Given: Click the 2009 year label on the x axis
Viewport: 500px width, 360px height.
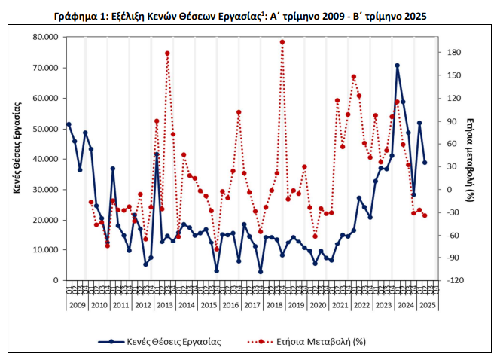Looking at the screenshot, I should click(x=77, y=305).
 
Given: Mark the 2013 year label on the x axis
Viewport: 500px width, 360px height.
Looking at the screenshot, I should click(x=163, y=305).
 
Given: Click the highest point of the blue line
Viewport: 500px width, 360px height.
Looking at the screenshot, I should click(x=397, y=66).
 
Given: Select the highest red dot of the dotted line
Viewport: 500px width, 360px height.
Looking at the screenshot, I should click(x=282, y=42).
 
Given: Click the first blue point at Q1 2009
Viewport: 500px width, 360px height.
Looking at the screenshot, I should click(x=69, y=124).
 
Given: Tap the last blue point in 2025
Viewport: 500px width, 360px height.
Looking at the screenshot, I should click(x=425, y=162).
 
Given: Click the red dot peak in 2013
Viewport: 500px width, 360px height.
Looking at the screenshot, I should click(x=167, y=53).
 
